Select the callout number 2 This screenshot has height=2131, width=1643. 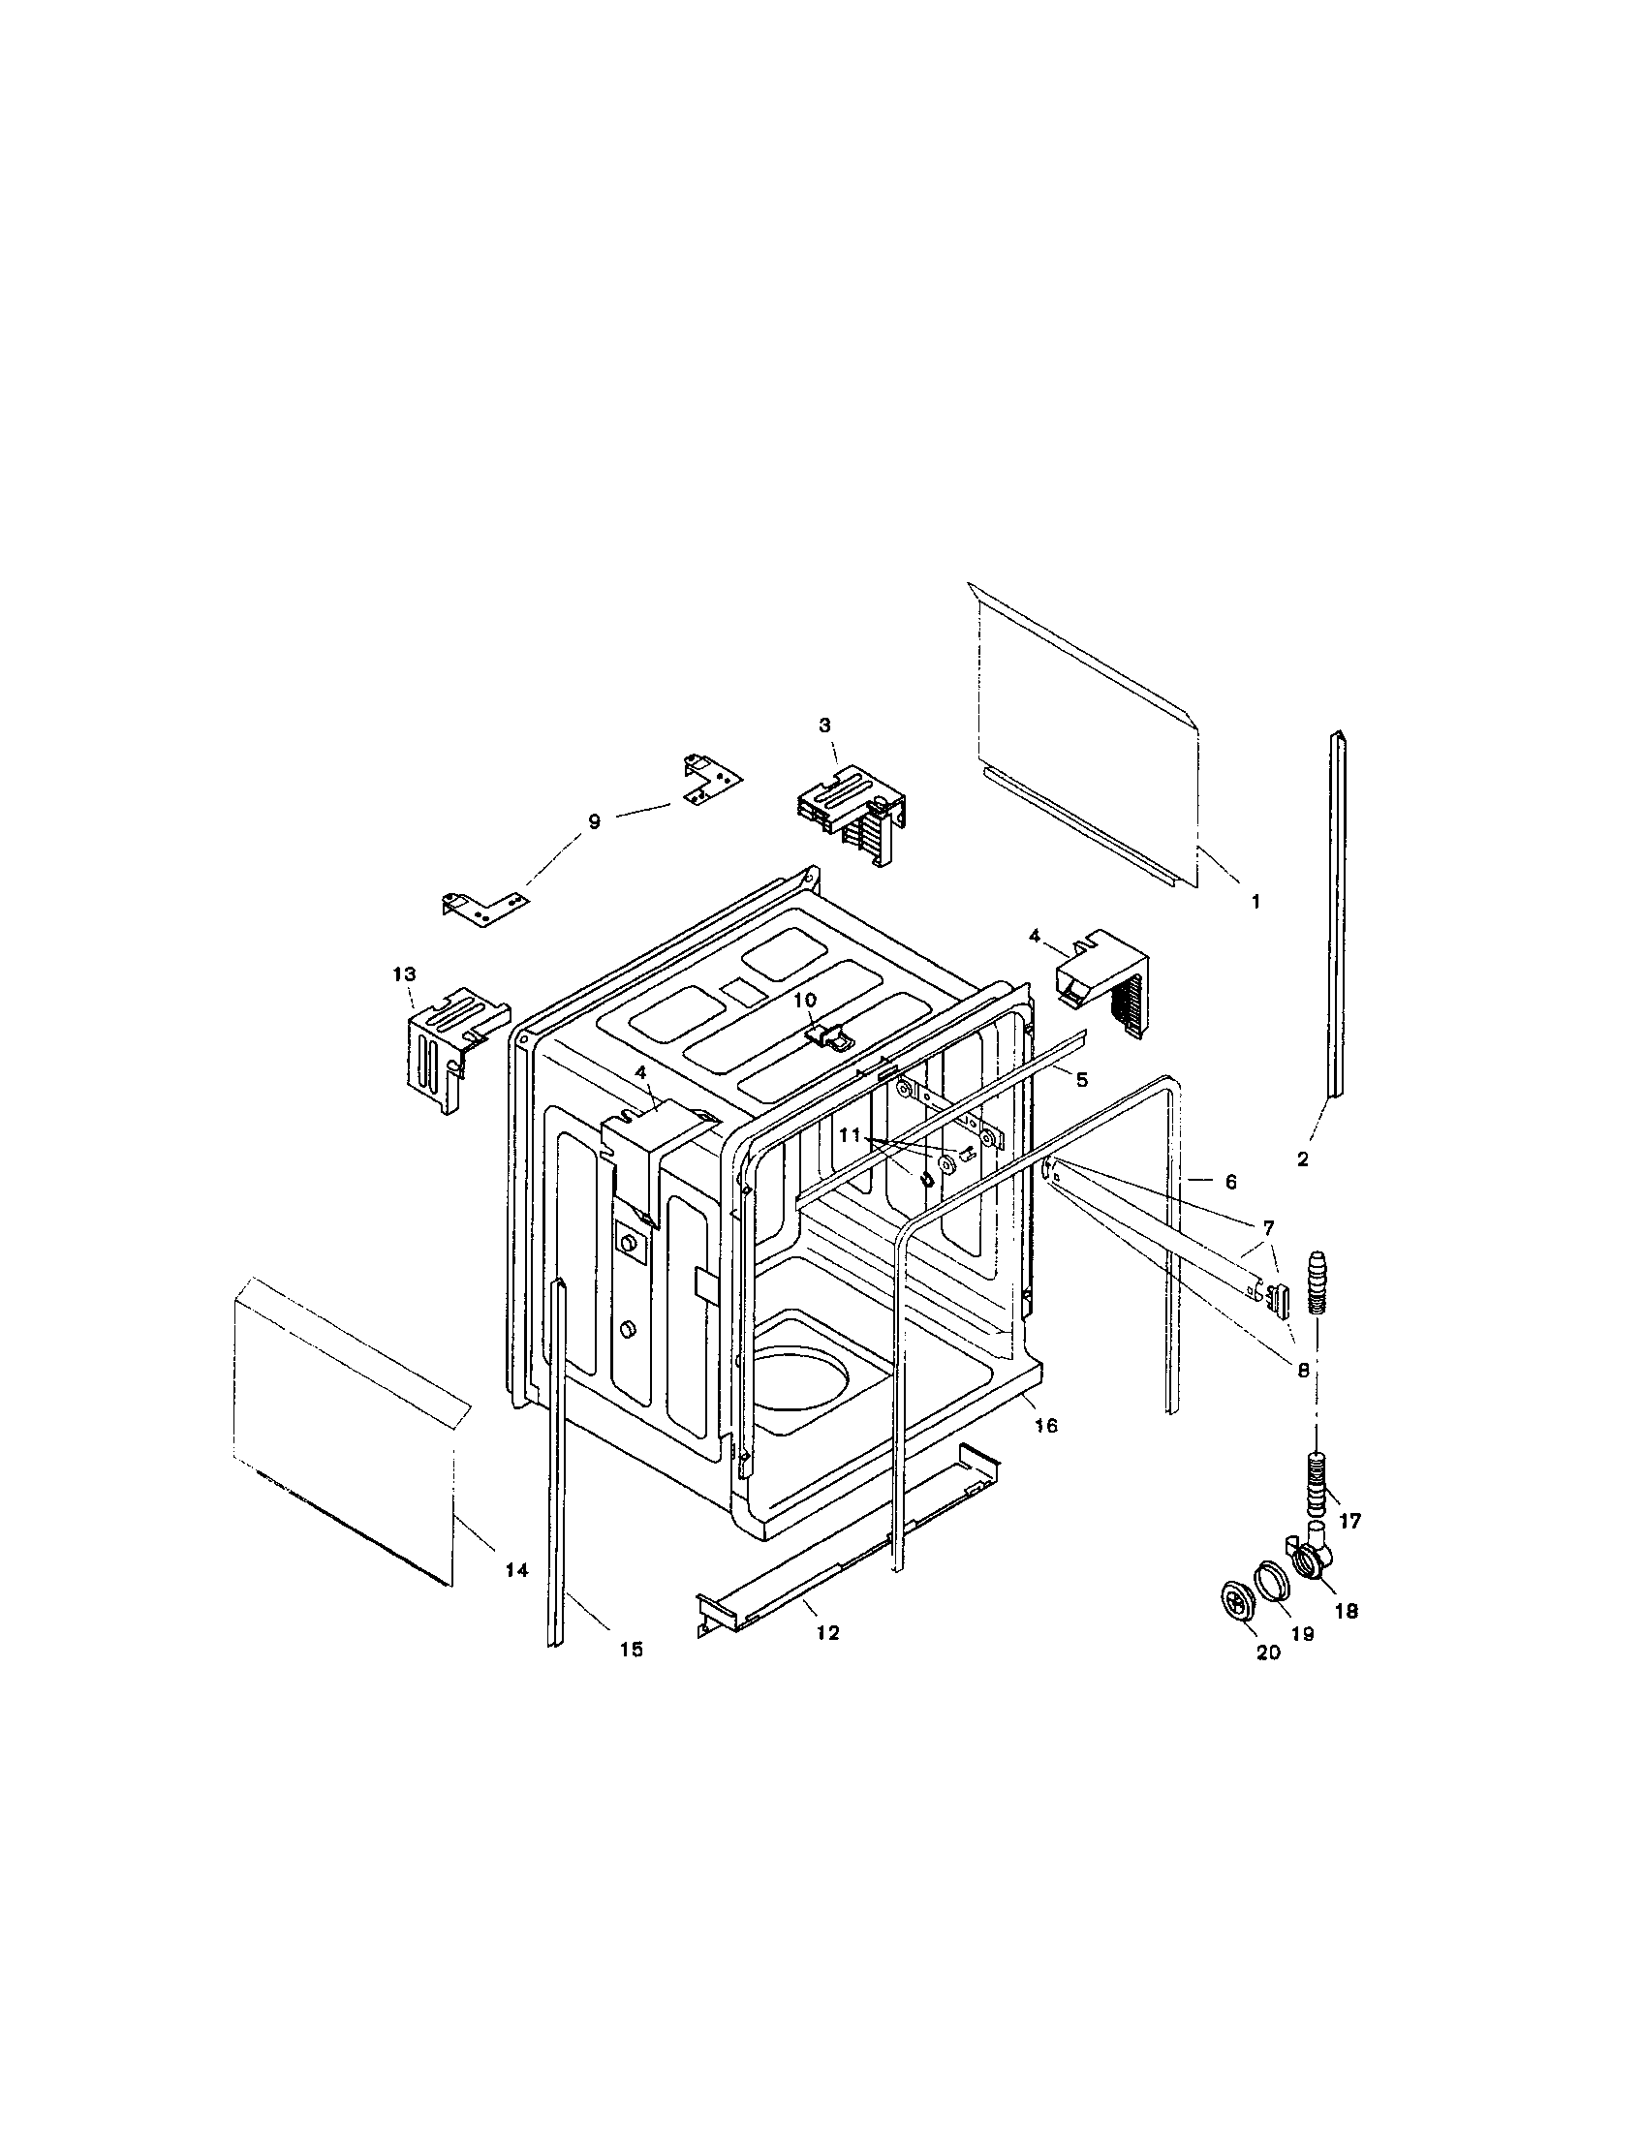pyautogui.click(x=1303, y=1160)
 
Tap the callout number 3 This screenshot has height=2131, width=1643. pyautogui.click(x=825, y=725)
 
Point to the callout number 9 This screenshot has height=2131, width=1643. pyautogui.click(x=594, y=821)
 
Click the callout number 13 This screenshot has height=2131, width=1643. pyautogui.click(x=404, y=973)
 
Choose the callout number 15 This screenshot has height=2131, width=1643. pyautogui.click(x=632, y=1649)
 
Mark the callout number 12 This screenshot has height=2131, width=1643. pyautogui.click(x=827, y=1632)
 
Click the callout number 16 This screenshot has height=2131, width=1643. pyautogui.click(x=1045, y=1426)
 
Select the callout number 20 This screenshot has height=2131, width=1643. pyautogui.click(x=1268, y=1652)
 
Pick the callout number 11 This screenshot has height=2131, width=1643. pyautogui.click(x=850, y=1136)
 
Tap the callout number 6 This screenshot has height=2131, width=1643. pyautogui.click(x=1230, y=1182)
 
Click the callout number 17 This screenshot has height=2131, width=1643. pyautogui.click(x=1350, y=1520)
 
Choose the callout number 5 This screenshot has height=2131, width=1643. pyautogui.click(x=1081, y=1080)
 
